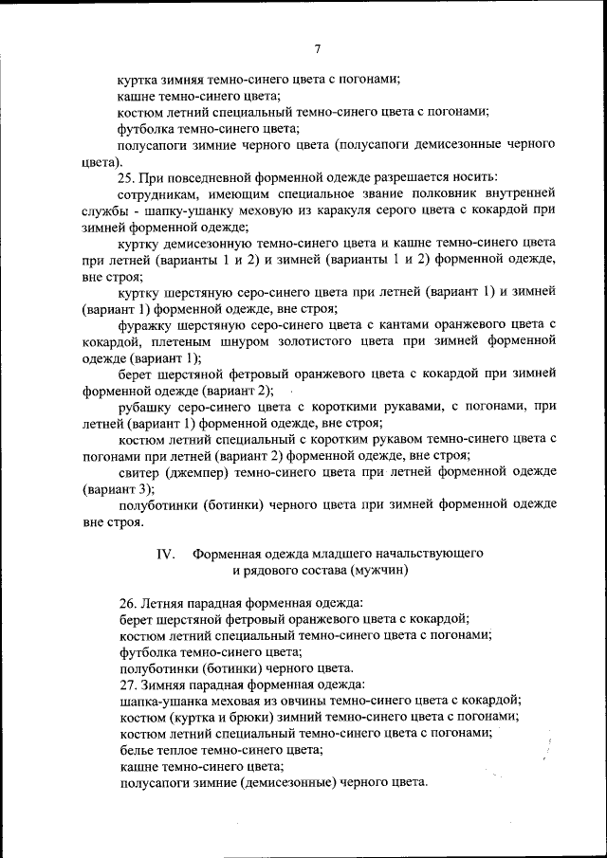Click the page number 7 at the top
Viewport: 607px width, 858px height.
coord(318,49)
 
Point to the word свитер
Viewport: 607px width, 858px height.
coord(139,472)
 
